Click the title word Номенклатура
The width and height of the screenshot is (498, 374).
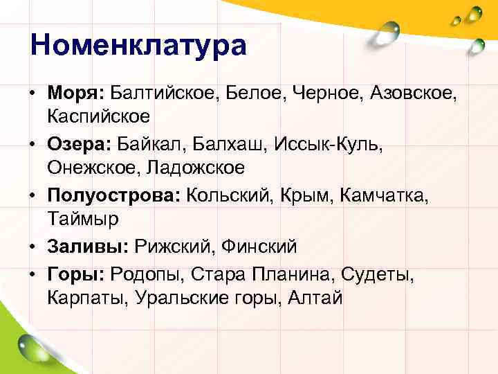tap(138, 46)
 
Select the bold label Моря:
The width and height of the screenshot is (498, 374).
tap(75, 92)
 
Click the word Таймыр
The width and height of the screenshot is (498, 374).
tap(84, 220)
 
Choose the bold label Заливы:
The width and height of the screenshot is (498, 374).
tap(88, 246)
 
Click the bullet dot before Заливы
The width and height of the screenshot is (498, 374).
tap(33, 247)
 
